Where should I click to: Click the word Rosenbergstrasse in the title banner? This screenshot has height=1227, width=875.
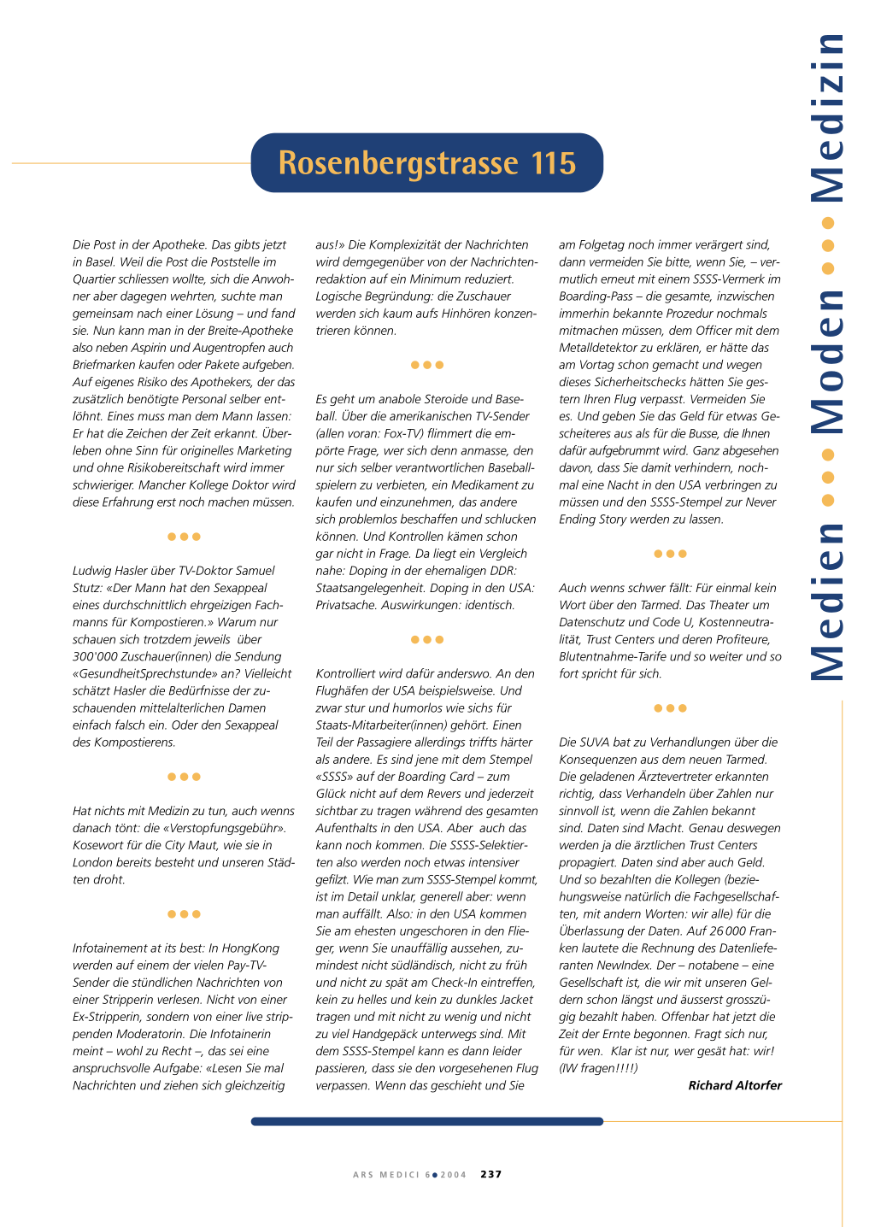pos(398,163)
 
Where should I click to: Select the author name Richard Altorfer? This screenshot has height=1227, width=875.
pos(735,1085)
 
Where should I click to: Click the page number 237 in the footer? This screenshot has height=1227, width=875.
pos(491,1174)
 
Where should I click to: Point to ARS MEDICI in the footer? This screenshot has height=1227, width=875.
pos(386,1175)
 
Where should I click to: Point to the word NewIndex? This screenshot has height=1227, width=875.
pos(621,966)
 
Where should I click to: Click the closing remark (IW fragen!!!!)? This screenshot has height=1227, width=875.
pos(598,1068)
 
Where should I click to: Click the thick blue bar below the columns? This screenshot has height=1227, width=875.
pos(426,1121)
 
